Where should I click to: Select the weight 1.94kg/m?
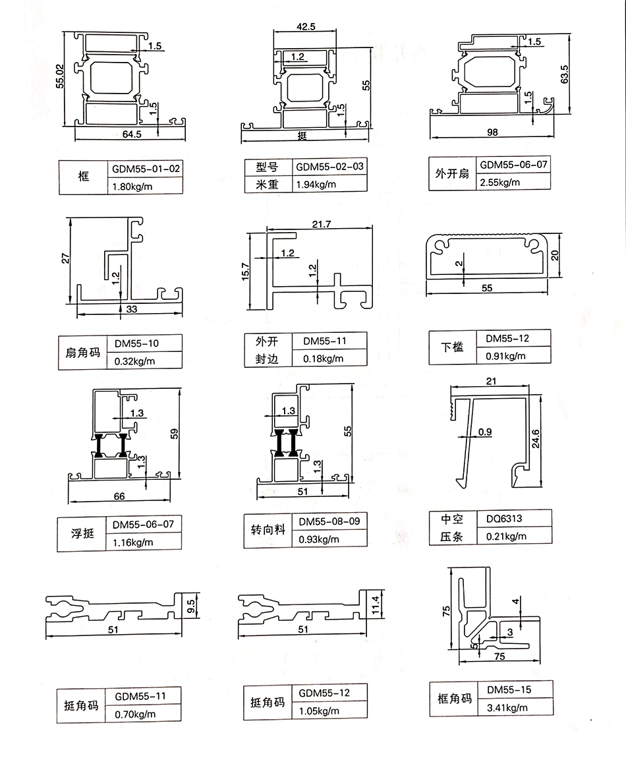coord(317,184)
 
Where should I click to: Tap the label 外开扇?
coord(451,174)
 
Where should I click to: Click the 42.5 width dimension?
coord(306,27)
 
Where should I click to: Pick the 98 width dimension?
coord(492,132)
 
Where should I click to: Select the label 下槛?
coord(452,347)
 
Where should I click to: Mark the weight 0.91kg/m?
coord(506,356)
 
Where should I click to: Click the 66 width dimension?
coord(119,495)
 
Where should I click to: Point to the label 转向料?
coord(268,529)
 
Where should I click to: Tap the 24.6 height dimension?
coord(536,437)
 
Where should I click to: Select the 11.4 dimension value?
coord(376,602)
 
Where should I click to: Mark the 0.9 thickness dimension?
coord(485,432)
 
